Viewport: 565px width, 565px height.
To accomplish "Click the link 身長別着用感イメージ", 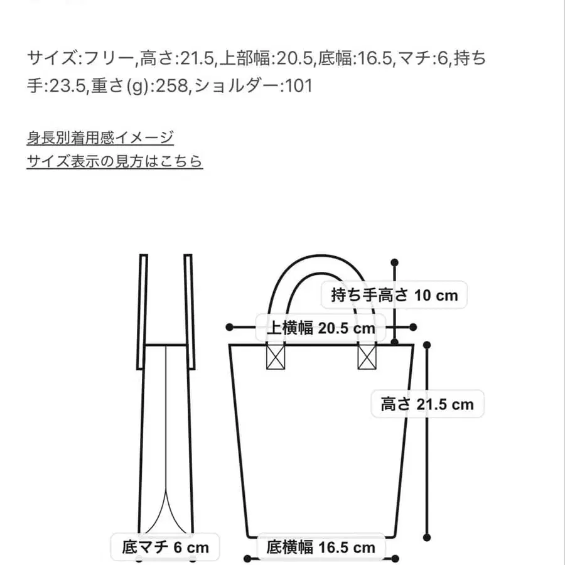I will [x=100, y=137].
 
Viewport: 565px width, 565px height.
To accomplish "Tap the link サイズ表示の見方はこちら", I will [x=114, y=161].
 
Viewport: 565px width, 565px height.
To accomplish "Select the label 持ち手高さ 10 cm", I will [x=394, y=294].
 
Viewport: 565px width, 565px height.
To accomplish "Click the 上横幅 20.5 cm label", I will [x=321, y=328].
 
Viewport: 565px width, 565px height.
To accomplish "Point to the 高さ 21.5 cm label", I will [x=427, y=404].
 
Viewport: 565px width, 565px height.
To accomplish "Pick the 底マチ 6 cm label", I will [x=160, y=547].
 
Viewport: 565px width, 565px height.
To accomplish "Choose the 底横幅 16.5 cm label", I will [x=321, y=547].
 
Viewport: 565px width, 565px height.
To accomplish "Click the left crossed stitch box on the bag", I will [x=276, y=357].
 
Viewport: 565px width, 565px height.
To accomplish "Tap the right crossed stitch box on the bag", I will [x=367, y=357].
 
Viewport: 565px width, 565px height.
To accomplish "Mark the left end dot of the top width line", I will [x=230, y=327].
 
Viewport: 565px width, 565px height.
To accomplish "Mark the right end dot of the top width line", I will [x=412, y=327].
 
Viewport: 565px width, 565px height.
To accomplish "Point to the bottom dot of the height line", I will [x=428, y=537].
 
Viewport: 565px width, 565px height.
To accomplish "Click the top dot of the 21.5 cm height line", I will [x=428, y=345].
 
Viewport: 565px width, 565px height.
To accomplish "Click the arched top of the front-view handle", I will [x=320, y=259].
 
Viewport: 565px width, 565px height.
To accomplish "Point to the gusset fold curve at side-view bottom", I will [x=165, y=508].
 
